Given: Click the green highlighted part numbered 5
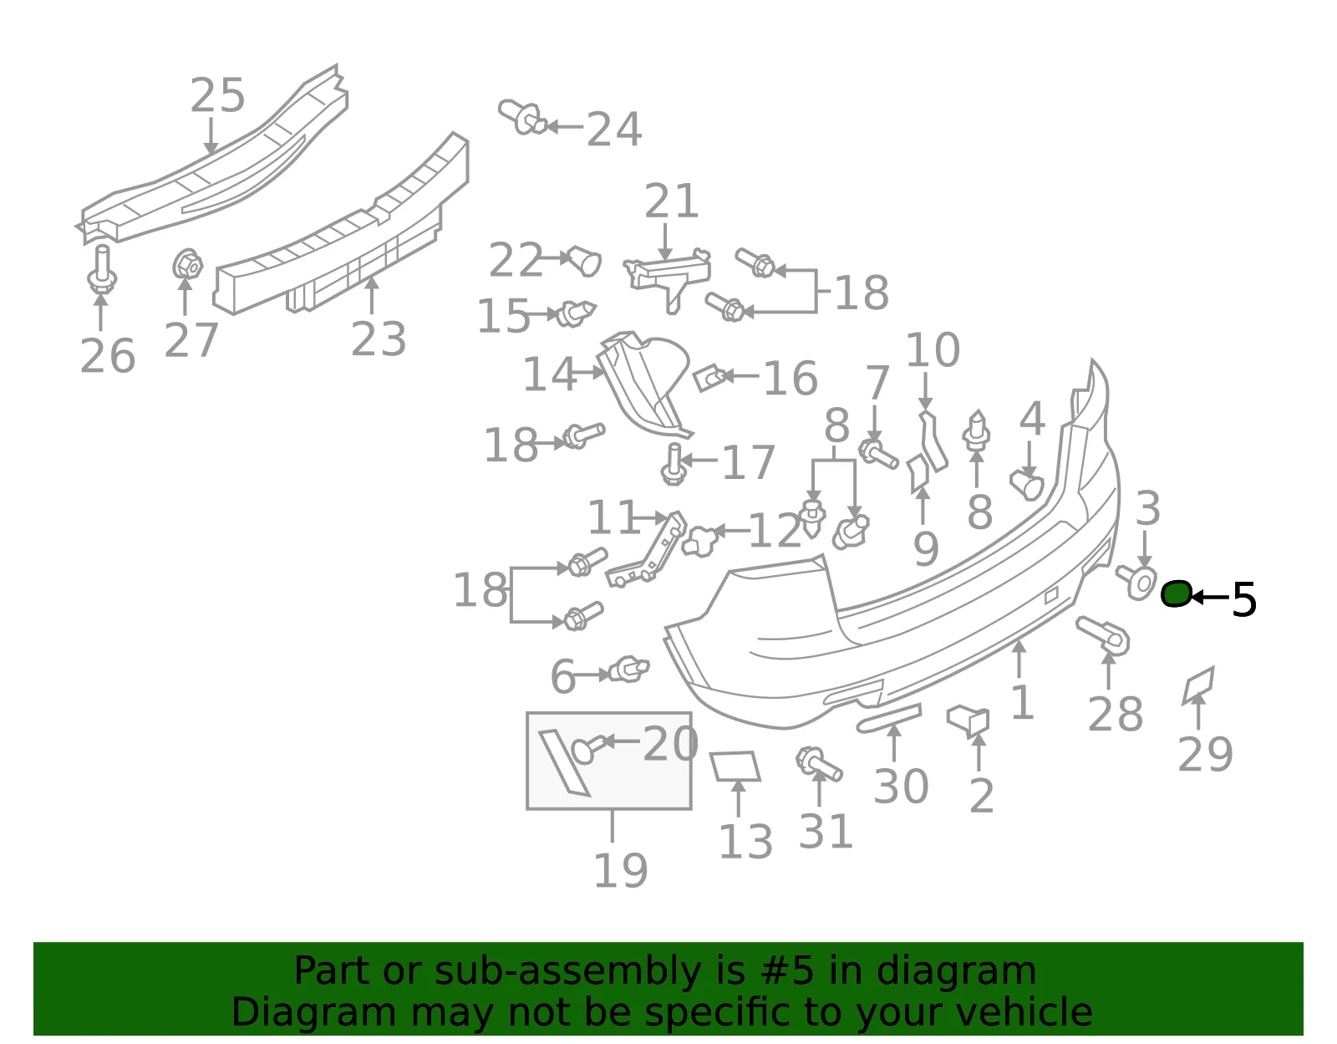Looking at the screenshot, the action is coord(1176,594).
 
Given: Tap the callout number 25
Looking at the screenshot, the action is coord(217,96).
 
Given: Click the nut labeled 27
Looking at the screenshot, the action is coord(187,264).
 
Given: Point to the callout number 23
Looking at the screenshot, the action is coord(379,339).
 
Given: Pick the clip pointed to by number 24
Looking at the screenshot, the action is coord(521,117).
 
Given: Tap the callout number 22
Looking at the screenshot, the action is coord(516,260).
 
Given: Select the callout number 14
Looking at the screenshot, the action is coord(549,374).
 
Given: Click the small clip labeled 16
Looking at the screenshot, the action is coord(710,378).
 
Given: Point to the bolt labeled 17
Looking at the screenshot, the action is coord(674,464).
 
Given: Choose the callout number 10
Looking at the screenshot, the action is coord(933,351).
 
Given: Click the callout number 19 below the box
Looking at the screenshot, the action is coord(620,871).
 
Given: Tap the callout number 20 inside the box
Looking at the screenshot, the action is coord(670,744).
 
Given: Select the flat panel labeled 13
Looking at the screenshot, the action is coord(735,766).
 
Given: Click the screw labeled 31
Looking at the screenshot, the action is coord(818,765).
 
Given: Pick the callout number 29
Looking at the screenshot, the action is coord(1205,754).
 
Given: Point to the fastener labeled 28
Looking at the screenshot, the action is coord(1102,635).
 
